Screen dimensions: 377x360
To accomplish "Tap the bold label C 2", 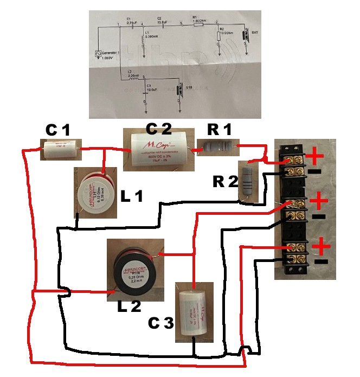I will point(159,129).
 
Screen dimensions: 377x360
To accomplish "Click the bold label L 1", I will point(132,197).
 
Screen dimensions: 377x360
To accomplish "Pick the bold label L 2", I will point(129,306).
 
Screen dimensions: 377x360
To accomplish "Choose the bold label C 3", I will point(161,324).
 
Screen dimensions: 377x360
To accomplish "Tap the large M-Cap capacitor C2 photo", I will point(159,149).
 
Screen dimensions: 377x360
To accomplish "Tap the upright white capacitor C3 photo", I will point(194,312).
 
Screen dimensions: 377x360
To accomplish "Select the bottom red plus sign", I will point(322,247).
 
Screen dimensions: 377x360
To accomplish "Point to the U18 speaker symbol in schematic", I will point(182,89).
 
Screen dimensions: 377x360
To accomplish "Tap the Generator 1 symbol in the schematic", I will point(98,54).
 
